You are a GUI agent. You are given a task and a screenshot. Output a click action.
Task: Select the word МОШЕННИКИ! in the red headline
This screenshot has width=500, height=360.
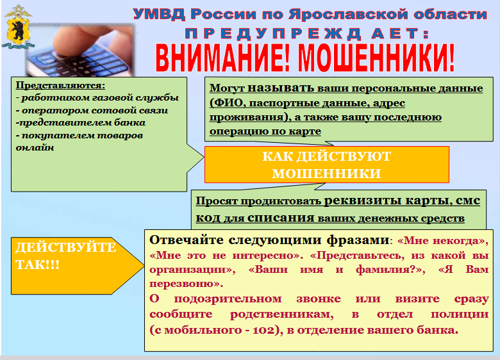pos(376,58)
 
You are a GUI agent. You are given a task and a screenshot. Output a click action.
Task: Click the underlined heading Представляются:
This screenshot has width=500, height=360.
pos(61,85)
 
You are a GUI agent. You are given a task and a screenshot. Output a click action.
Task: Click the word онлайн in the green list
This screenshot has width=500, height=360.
pos(35,147)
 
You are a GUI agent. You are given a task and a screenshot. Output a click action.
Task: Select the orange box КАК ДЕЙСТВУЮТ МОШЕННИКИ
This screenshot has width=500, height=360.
pos(327,165)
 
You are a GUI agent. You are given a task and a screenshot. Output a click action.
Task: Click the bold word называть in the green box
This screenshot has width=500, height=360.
pos(281,88)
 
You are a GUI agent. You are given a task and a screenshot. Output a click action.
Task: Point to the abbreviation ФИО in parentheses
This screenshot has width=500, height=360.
pos(228,103)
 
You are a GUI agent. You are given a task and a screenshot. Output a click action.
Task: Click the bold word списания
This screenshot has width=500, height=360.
pos(281,218)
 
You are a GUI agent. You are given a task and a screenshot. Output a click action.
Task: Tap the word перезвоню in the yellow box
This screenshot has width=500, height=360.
pos(183,284)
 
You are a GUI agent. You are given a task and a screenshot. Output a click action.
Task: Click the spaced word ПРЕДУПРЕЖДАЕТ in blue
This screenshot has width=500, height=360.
pos(307,34)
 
